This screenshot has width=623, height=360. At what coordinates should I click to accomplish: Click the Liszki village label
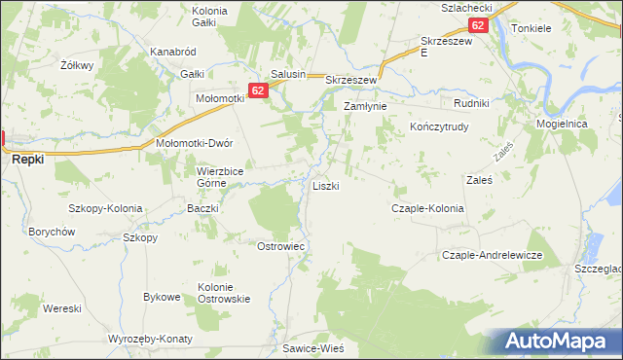pyautogui.click(x=325, y=185)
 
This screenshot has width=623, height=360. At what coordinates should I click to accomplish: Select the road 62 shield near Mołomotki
pyautogui.click(x=257, y=90)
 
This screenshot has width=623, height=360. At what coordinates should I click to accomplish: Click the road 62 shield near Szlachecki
pyautogui.click(x=477, y=26)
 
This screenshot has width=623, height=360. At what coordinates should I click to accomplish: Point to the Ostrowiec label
pyautogui.click(x=281, y=246)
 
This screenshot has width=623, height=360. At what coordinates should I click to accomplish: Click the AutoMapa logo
pyautogui.click(x=562, y=341)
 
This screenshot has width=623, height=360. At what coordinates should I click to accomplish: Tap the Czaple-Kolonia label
pyautogui.click(x=427, y=208)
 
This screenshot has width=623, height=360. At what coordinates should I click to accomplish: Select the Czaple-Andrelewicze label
pyautogui.click(x=492, y=255)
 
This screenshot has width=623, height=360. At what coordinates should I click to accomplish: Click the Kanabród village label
pyautogui.click(x=173, y=51)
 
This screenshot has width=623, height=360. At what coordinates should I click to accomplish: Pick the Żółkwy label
pyautogui.click(x=76, y=65)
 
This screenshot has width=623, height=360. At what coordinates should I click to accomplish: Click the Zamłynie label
pyautogui.click(x=365, y=106)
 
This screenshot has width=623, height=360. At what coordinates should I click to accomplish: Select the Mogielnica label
pyautogui.click(x=562, y=125)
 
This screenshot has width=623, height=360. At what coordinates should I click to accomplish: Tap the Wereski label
pyautogui.click(x=61, y=308)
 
